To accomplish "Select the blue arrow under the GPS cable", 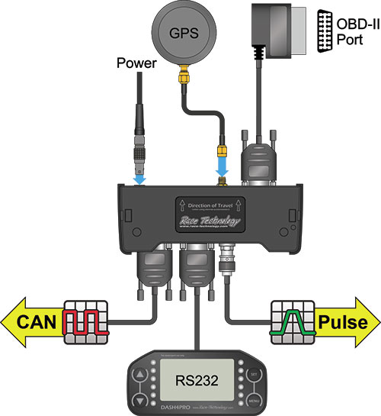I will [223, 166].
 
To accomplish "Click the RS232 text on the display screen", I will [190, 379].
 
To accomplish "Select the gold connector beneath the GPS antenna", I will [184, 77].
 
